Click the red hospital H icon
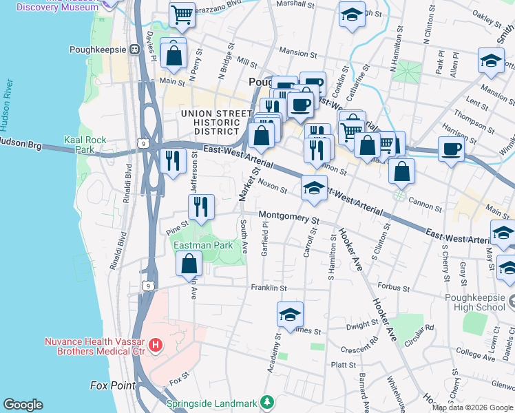click(x=156, y=344)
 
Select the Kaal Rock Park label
click(x=85, y=145)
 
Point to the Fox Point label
click(x=112, y=385)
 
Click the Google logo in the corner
click(x=23, y=405)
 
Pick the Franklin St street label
click(x=268, y=287)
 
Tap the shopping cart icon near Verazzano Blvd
click(x=182, y=14)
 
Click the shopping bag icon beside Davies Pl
click(x=174, y=54)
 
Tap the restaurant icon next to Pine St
click(x=201, y=207)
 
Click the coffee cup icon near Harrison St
click(x=452, y=149)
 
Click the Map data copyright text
click(x=472, y=407)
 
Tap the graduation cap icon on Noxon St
click(x=314, y=189)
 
